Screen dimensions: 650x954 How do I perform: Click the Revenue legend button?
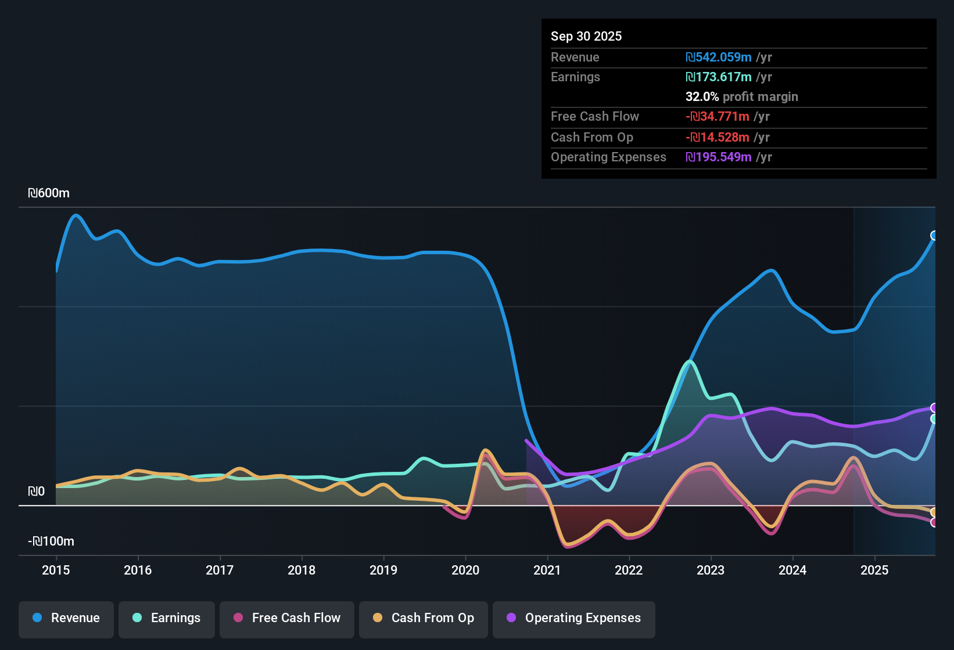point(66,618)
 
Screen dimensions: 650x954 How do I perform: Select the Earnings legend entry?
point(167,618)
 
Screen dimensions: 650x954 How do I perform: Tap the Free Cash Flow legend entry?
point(287,618)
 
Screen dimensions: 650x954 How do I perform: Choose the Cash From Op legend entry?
point(424,618)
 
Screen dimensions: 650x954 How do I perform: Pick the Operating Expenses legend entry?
point(574,618)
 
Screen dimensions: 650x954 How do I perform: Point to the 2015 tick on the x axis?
point(56,570)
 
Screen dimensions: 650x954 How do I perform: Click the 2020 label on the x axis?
point(465,570)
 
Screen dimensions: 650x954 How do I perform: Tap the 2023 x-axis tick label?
point(711,570)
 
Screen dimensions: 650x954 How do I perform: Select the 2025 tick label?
point(874,570)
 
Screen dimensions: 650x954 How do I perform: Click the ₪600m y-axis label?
point(49,193)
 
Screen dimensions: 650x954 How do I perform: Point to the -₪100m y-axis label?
point(51,541)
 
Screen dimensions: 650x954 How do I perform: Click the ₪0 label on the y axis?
point(36,492)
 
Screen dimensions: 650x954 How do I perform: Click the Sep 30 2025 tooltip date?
point(586,36)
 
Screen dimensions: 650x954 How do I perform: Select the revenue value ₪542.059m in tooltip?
point(719,57)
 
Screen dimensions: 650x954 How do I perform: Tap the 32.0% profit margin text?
point(742,97)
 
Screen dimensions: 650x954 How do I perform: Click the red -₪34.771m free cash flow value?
point(718,117)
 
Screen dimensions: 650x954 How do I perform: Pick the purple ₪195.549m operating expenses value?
point(719,157)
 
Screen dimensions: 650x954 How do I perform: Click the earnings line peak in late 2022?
point(690,362)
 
